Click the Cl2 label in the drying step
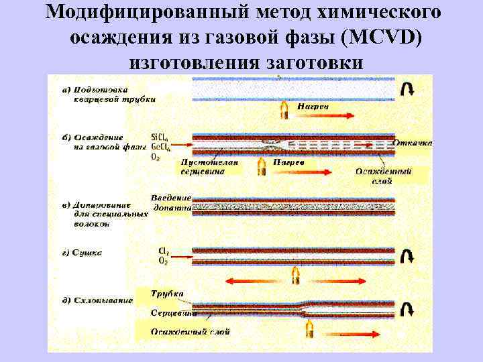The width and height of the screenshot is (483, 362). [x=164, y=251]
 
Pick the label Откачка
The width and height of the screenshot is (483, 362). [x=413, y=143]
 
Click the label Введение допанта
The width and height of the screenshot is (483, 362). [x=172, y=202]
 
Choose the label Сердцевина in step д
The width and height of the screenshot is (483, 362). [x=172, y=313]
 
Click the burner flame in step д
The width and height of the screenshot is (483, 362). [x=310, y=327]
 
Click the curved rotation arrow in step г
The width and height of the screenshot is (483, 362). [x=407, y=256]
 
